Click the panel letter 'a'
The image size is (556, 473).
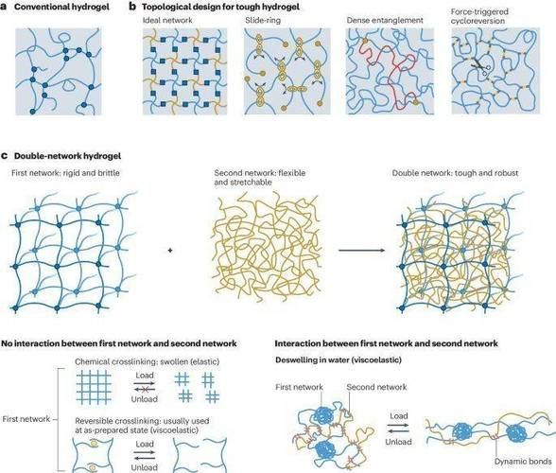tap(4, 7)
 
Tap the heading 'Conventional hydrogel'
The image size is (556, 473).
tap(61, 7)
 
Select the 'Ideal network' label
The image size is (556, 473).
tap(167, 20)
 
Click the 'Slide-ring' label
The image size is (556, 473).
tap(263, 20)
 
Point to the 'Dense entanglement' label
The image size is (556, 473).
tap(385, 20)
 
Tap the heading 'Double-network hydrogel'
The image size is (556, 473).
tap(67, 156)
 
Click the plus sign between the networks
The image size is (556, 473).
tap(170, 250)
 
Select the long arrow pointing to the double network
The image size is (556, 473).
tap(361, 250)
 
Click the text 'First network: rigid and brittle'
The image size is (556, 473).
tap(65, 173)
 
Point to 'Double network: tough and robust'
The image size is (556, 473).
tap(455, 173)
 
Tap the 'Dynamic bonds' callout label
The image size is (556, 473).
tap(523, 462)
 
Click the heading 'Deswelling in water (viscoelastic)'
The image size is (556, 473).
tap(339, 360)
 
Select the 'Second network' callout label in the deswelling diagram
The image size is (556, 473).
tap(376, 387)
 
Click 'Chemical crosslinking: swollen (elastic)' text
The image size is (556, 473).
tap(148, 361)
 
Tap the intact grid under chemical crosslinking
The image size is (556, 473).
tap(94, 388)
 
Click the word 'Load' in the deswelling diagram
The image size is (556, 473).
tap(399, 415)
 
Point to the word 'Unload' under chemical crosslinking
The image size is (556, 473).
tap(145, 399)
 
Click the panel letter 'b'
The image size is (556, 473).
tap(132, 7)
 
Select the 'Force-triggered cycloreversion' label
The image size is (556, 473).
tap(479, 16)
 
